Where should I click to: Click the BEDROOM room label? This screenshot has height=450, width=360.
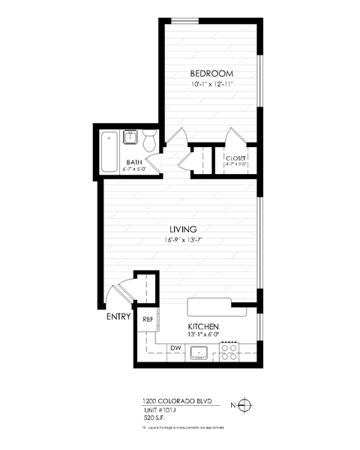[x=211, y=73]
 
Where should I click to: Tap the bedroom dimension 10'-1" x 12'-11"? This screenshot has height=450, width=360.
[x=211, y=85]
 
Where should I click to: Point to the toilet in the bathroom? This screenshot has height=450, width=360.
[x=148, y=140]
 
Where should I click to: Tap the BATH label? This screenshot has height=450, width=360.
[x=134, y=162]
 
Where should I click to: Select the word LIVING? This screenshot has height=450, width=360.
[x=182, y=229]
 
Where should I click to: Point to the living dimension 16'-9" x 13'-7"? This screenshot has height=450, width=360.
[x=182, y=241]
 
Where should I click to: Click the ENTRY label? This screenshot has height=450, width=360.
[x=118, y=316]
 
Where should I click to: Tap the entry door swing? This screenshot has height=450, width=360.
[x=117, y=294]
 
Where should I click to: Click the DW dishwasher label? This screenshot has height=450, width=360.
[x=175, y=347]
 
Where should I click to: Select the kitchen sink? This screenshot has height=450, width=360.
[x=199, y=352]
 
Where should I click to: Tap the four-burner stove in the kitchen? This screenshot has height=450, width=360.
[x=229, y=352]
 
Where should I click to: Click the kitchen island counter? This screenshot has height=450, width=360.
[x=209, y=306]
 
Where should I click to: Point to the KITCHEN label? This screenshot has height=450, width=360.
[x=202, y=327]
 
